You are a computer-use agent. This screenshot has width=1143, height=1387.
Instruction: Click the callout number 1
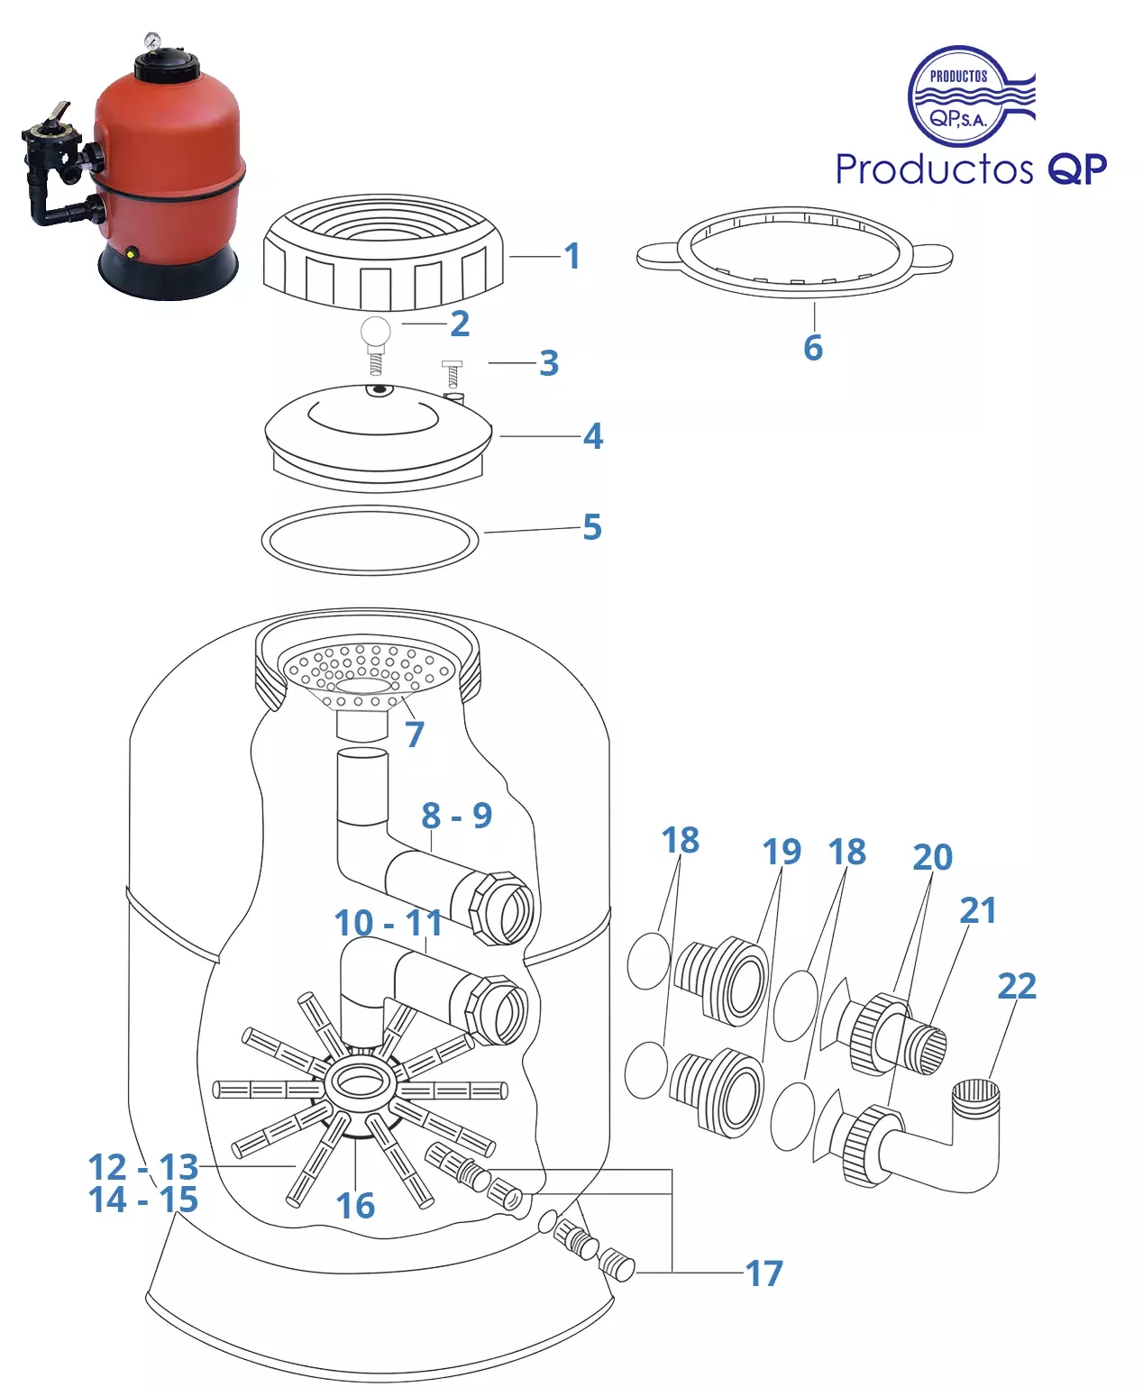point(572,256)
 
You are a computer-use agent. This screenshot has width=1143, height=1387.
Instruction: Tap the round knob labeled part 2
point(375,331)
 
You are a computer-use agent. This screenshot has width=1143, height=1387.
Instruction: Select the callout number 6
point(813,347)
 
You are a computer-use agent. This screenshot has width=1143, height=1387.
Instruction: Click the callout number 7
point(415,735)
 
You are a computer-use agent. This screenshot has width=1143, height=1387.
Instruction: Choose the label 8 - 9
point(457,816)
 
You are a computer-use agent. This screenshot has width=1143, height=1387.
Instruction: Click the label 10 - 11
point(389,923)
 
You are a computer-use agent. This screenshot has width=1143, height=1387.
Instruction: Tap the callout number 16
point(355,1206)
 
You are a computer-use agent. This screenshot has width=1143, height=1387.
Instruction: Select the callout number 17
point(764,1273)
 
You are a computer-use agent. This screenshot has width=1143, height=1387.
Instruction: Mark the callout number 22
point(1017,986)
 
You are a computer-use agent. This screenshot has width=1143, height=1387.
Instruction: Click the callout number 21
point(978,910)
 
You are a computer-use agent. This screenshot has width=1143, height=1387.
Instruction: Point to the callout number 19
point(782,852)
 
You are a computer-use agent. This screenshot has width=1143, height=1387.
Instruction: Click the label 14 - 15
point(143,1200)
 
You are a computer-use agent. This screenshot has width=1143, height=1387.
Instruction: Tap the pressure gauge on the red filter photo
point(151,41)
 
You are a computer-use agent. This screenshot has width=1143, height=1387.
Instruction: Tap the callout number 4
point(593,436)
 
